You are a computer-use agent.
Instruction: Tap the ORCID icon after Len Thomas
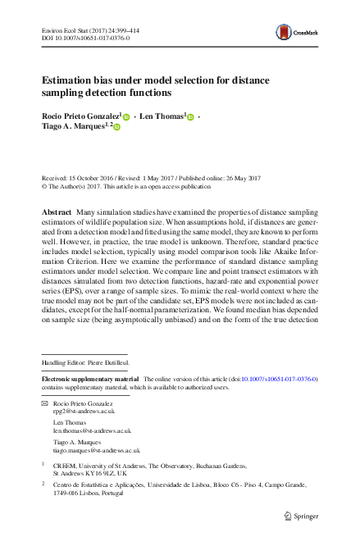(190, 118)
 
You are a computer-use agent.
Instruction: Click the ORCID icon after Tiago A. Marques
(116, 128)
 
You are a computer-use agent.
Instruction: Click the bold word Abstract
(58, 212)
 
